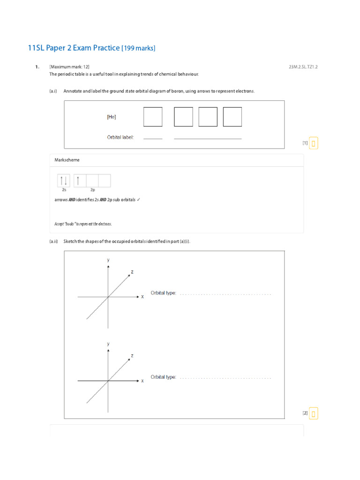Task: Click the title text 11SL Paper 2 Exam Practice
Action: click(74, 48)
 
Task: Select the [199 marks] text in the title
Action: click(138, 48)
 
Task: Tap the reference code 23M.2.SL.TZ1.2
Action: click(303, 67)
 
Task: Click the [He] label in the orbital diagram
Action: click(112, 117)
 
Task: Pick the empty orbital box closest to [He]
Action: click(153, 117)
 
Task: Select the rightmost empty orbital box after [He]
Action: click(232, 117)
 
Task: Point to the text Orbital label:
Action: click(120, 137)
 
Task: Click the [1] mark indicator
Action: click(305, 143)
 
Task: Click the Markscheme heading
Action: click(67, 160)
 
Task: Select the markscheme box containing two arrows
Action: click(64, 180)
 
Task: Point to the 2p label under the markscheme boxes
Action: click(93, 190)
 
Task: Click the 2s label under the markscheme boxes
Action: click(64, 190)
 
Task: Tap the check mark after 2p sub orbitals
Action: click(138, 200)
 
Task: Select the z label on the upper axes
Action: click(132, 271)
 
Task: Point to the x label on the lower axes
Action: click(142, 381)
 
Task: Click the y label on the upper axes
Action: click(108, 259)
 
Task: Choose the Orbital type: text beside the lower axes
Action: click(163, 377)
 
